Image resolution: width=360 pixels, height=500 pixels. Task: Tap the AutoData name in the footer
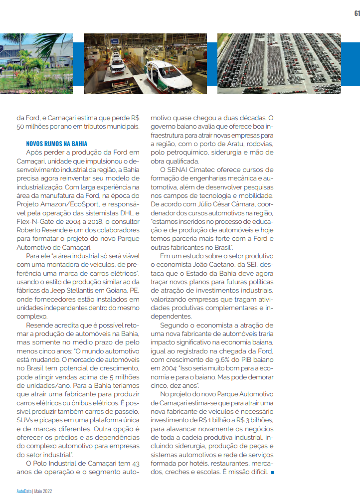coord(23,491)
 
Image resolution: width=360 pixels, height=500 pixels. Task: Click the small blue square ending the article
coord(272,472)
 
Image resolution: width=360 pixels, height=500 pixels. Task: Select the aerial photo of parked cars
coord(279,63)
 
